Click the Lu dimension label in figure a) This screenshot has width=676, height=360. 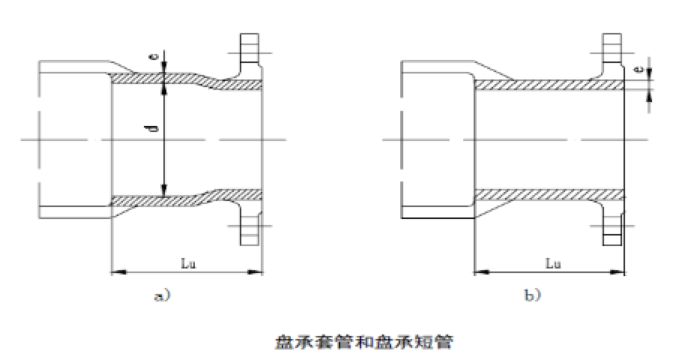pos(188,263)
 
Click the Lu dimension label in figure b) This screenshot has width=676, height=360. pos(553,263)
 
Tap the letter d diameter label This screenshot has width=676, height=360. pos(155,127)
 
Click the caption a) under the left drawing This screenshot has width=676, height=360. pos(163,295)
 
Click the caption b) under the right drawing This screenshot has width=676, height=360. pos(532,295)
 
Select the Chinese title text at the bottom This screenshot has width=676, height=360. pos(364,342)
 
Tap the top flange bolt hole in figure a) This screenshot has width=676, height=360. pos(249,47)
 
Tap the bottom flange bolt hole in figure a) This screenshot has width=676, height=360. pos(250,229)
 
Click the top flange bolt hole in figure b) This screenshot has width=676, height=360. pos(612,47)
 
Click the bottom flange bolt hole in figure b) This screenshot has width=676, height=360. pos(612,229)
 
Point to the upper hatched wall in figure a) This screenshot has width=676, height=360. pos(185,79)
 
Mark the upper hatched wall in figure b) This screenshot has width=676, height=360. pos(549,85)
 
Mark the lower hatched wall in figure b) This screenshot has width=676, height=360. pos(549,195)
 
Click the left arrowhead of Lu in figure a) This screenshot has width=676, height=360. pos(118,272)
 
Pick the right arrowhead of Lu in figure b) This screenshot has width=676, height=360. pos(618,272)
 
